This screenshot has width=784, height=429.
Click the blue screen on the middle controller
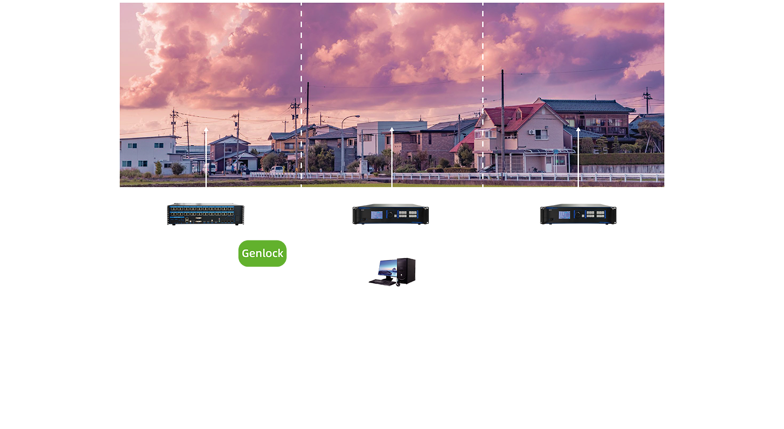point(376,214)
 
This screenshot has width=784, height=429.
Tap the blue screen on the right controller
point(564,214)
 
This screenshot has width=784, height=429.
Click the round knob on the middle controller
point(390,214)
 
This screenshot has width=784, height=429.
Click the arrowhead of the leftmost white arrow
point(206,130)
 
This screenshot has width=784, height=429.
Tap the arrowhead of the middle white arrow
point(392,129)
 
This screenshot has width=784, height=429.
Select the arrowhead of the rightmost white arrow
point(578,130)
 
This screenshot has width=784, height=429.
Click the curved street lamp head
point(356,117)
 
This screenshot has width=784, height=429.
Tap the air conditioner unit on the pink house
point(532,132)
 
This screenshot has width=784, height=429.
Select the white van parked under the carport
point(210,168)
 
